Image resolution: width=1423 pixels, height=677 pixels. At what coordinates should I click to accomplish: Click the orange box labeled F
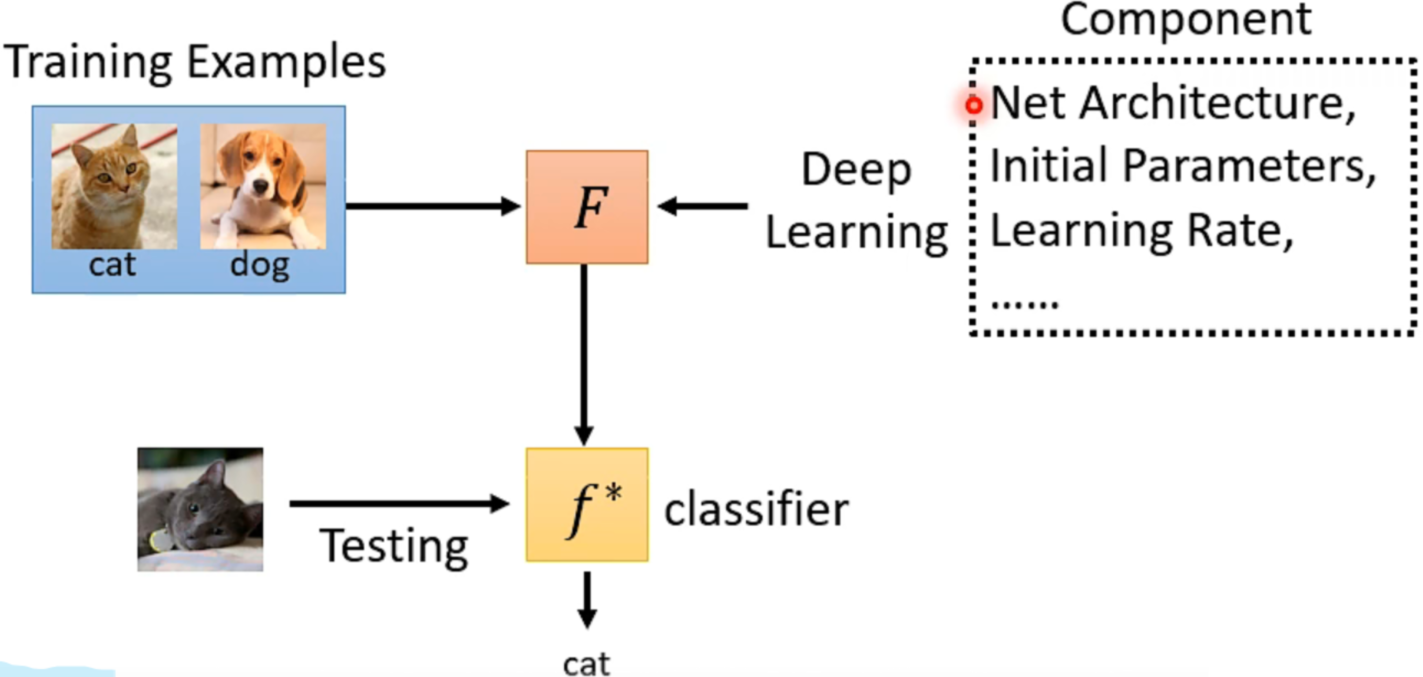(587, 207)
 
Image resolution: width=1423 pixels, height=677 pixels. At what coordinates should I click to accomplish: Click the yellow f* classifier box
(587, 505)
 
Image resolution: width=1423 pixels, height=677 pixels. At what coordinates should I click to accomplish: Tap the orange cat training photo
(114, 186)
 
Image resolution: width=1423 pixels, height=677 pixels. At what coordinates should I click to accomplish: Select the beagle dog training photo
(263, 186)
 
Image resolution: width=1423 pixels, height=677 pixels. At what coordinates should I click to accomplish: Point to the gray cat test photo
(200, 509)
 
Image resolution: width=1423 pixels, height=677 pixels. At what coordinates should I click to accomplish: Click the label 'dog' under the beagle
(260, 266)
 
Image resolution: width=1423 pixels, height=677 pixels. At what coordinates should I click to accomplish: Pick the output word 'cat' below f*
(586, 664)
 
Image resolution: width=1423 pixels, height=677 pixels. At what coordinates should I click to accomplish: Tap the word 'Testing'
(393, 546)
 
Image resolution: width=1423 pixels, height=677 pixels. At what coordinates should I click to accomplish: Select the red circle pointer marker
(974, 104)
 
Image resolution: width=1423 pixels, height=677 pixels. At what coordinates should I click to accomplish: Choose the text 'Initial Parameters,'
(1182, 166)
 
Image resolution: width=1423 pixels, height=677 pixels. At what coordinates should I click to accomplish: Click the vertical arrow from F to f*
(584, 353)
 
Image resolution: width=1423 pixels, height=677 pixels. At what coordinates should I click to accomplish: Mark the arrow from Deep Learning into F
(703, 207)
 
